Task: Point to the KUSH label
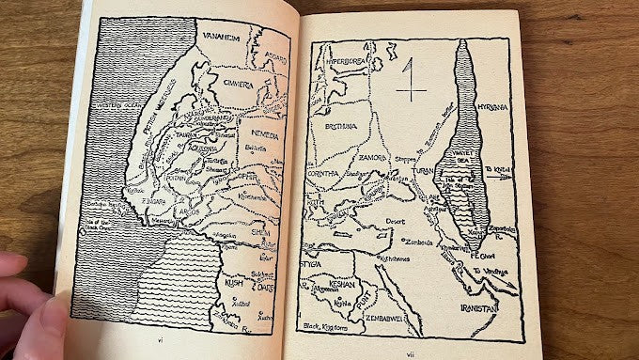point(233,280)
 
